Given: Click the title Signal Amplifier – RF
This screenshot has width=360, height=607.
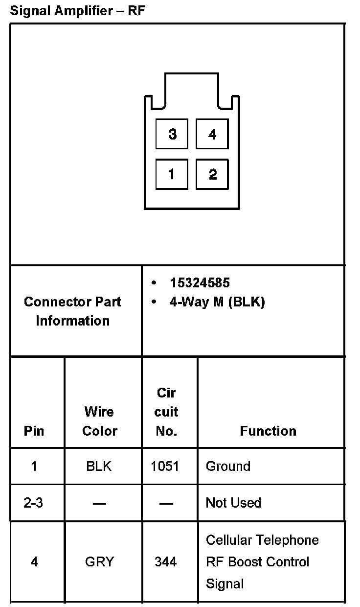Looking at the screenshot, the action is (77, 11).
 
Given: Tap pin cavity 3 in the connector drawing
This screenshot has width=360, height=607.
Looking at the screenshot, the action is (172, 134).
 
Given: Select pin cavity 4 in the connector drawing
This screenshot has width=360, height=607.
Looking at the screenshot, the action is (212, 134).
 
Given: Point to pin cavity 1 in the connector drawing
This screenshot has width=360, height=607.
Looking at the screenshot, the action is (172, 174).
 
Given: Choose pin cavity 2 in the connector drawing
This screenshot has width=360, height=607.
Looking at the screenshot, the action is (212, 174).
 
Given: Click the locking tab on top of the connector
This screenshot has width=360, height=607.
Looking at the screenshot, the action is (191, 88).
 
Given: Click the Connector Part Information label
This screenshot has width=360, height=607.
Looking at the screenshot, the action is (72, 311).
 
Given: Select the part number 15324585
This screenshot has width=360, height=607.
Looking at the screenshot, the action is (200, 283).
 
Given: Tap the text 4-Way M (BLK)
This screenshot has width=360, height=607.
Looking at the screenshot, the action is (217, 302).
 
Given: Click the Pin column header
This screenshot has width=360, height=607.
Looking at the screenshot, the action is (34, 431).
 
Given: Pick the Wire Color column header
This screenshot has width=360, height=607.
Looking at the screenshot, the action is (100, 421).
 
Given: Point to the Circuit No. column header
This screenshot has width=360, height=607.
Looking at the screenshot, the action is (166, 412).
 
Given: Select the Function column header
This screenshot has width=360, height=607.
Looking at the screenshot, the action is (268, 431).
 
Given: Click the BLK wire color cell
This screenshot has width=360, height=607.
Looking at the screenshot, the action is (99, 466).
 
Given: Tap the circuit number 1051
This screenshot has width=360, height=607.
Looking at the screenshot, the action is (165, 466).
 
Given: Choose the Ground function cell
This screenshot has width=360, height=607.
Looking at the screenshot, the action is (228, 466).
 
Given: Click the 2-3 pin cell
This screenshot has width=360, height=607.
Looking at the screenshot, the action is (33, 503).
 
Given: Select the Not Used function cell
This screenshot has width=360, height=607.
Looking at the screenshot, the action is (233, 503).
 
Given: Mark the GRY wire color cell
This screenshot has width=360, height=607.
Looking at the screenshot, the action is (99, 561).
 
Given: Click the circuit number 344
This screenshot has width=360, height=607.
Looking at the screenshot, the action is (165, 561).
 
